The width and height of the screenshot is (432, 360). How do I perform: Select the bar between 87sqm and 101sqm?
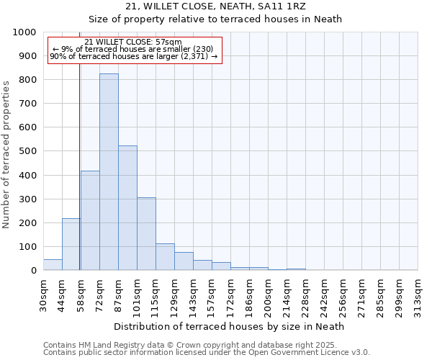[x=127, y=208]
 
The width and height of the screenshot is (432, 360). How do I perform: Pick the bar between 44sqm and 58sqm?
[x=71, y=244]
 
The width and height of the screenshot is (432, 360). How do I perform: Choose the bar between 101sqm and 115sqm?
[x=146, y=234]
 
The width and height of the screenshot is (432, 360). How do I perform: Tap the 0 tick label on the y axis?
[x=34, y=271]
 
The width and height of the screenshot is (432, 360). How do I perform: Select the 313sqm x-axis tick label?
[x=418, y=295]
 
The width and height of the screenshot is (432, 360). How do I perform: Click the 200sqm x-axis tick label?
[x=268, y=295]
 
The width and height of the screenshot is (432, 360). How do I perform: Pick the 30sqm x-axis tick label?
[x=44, y=295]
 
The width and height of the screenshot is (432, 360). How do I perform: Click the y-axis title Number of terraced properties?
[x=6, y=154]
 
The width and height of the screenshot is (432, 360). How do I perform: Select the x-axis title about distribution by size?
[x=229, y=326]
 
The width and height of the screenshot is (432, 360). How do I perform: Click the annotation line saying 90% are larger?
[x=133, y=56]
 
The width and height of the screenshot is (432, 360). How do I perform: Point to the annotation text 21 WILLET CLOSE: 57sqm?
[x=133, y=42]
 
